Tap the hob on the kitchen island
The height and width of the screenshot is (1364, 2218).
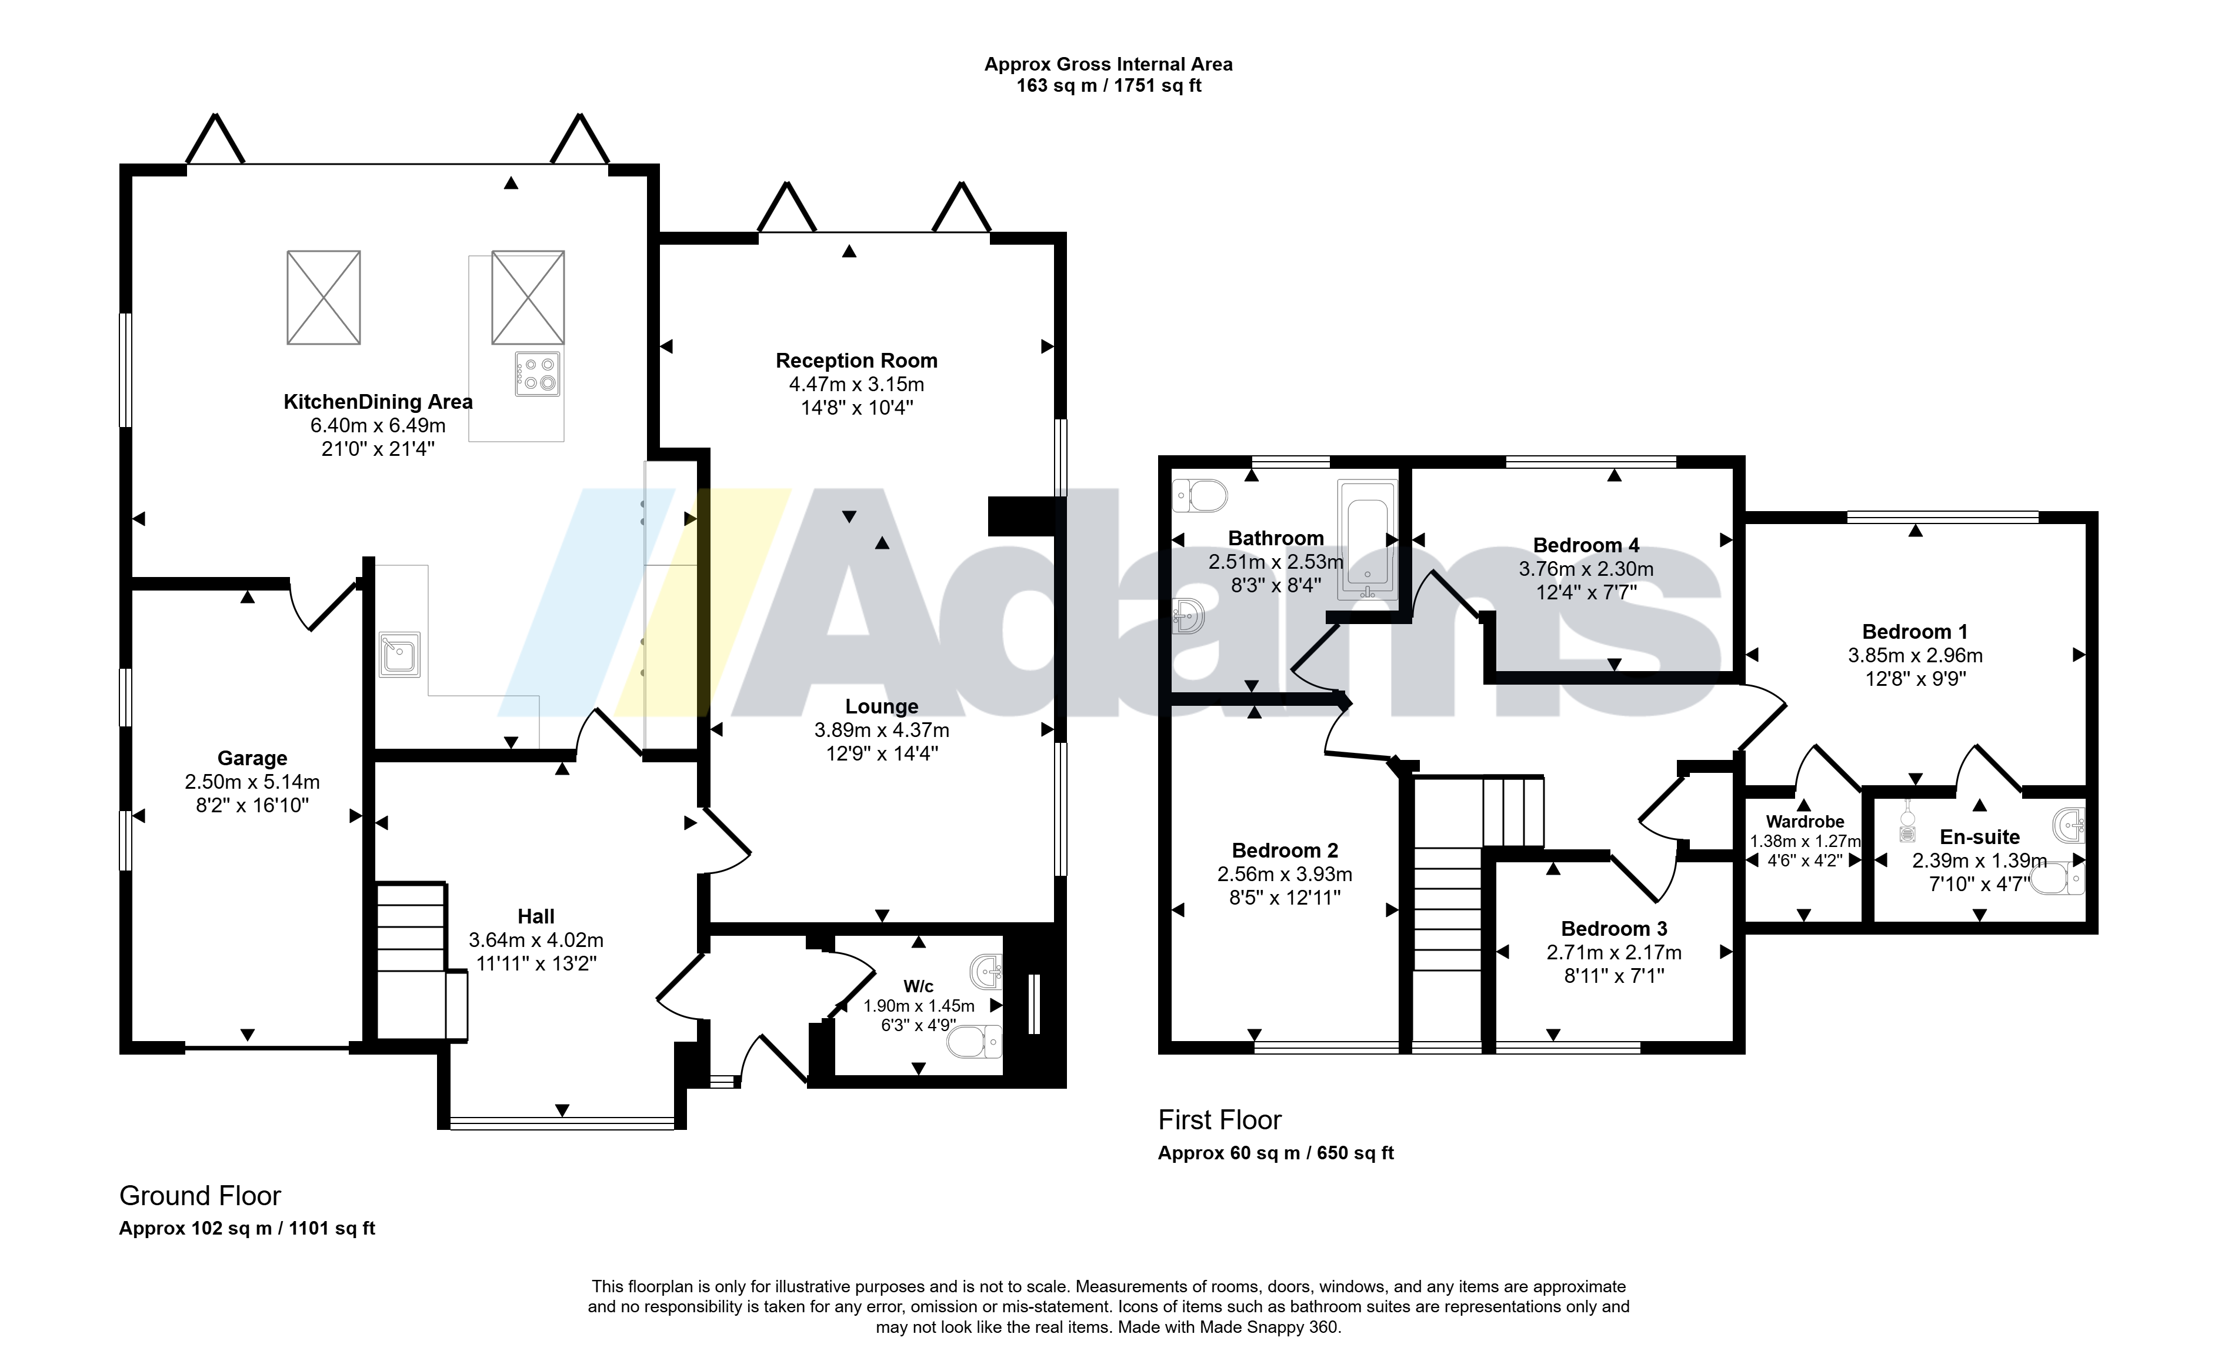(x=536, y=373)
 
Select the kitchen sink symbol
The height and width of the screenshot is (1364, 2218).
(x=399, y=654)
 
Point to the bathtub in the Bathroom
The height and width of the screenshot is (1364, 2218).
(x=1368, y=539)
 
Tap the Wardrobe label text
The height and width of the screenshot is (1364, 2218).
(x=1805, y=822)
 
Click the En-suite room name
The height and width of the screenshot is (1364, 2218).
(x=1979, y=837)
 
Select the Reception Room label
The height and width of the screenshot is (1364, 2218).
(x=856, y=361)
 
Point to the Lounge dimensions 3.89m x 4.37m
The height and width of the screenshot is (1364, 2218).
(x=881, y=730)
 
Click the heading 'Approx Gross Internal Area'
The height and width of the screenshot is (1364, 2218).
(x=1108, y=64)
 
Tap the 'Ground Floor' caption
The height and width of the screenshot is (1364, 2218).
(x=200, y=1196)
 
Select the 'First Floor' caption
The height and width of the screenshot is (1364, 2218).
(x=1219, y=1120)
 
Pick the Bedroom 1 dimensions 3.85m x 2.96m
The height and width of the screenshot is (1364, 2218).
(x=1915, y=656)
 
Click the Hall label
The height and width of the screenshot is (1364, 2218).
(x=536, y=916)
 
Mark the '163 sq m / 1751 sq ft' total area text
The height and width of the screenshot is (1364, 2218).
(x=1109, y=86)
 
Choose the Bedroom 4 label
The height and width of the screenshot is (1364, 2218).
(x=1586, y=546)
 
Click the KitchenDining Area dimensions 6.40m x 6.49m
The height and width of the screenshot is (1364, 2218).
(x=378, y=425)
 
